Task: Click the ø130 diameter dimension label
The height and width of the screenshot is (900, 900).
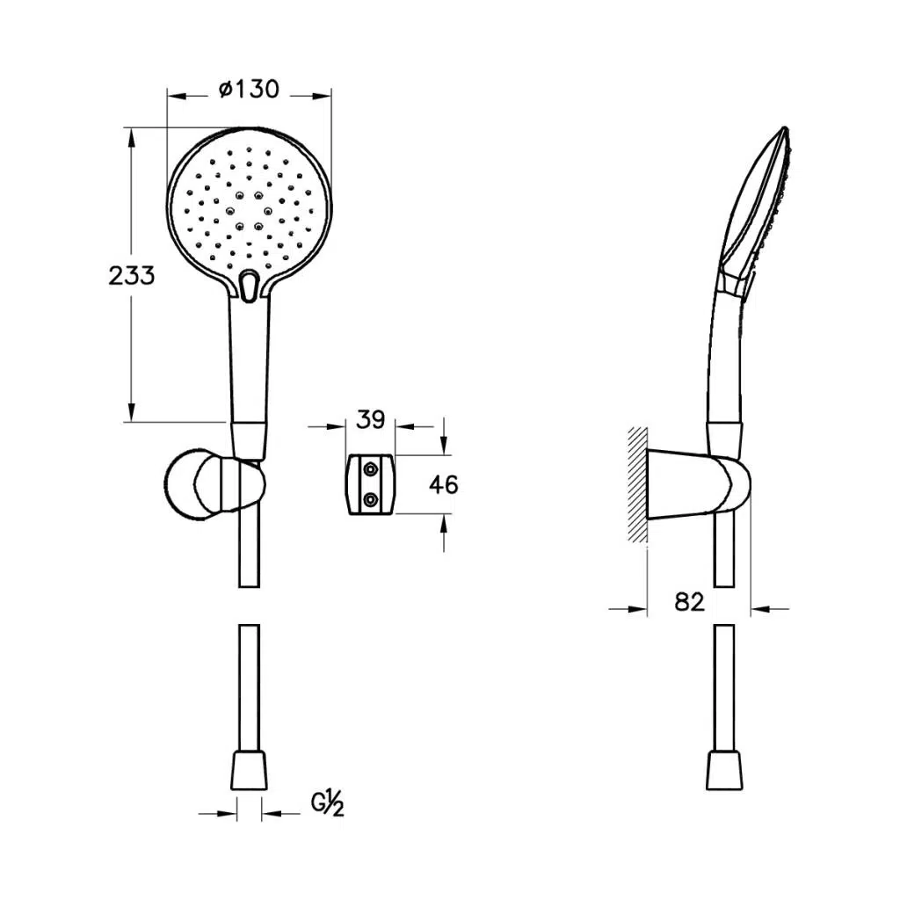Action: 249,90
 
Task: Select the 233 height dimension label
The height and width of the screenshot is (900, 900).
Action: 132,275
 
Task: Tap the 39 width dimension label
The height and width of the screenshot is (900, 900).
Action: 370,420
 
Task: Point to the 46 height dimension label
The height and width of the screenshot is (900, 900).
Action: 444,485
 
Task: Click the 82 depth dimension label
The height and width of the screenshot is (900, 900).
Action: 689,602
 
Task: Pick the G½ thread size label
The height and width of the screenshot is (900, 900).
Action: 328,803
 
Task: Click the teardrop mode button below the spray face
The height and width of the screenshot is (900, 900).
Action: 249,286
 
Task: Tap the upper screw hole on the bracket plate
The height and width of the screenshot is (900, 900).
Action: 370,470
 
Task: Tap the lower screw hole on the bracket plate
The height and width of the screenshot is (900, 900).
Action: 370,500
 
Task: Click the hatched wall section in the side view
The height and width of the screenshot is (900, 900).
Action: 638,485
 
